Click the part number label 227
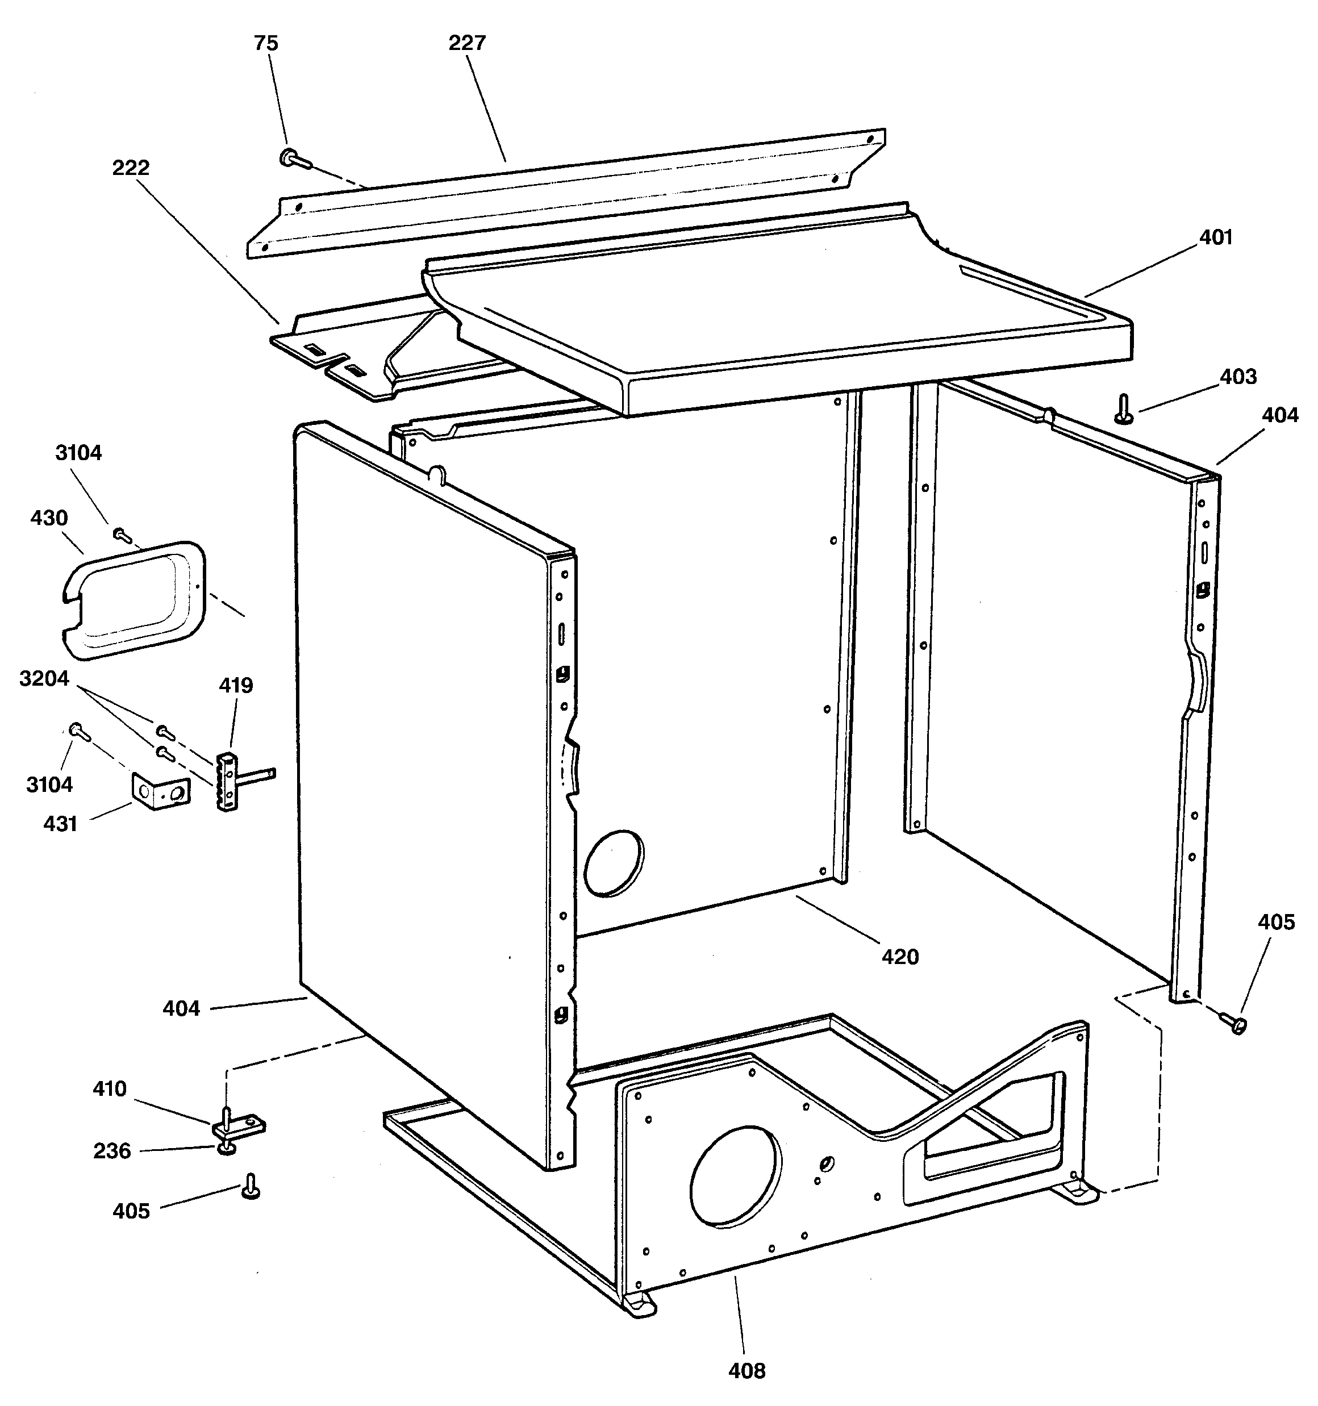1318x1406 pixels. click(467, 43)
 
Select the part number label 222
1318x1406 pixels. click(131, 168)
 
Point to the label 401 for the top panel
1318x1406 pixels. click(1215, 237)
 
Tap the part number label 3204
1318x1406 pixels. click(44, 679)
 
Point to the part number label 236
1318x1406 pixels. click(112, 1151)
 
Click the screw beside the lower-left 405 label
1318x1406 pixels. click(251, 1186)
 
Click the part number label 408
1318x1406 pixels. click(746, 1371)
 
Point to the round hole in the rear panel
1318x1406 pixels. click(614, 863)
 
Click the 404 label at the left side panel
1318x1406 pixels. click(181, 1008)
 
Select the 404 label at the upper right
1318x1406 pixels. click(1280, 415)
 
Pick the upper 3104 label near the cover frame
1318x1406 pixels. click(78, 453)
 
